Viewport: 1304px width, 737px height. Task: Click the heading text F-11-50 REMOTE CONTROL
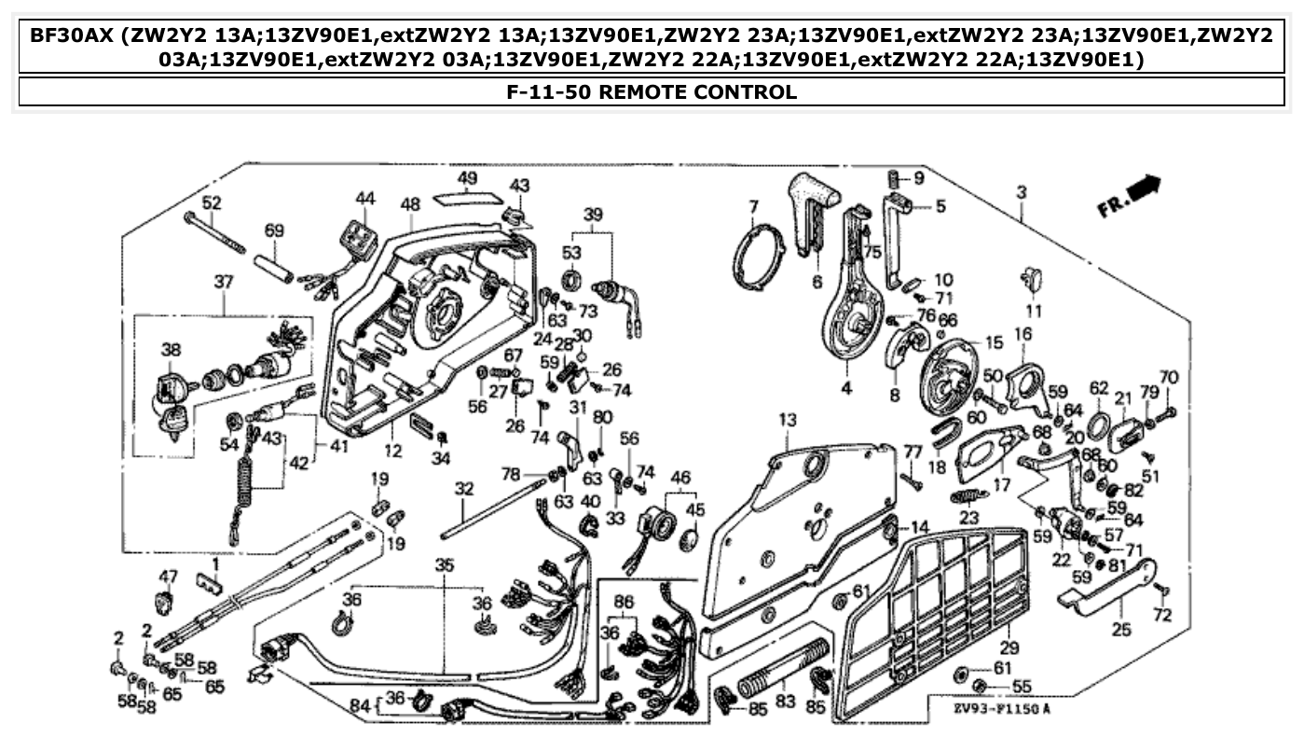pos(651,91)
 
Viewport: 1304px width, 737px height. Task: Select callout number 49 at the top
pos(467,178)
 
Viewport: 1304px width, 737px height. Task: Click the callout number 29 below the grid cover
pos(1009,647)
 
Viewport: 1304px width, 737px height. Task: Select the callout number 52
pos(212,202)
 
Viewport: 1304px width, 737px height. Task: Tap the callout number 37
pos(223,281)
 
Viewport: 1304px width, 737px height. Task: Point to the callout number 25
pos(1121,630)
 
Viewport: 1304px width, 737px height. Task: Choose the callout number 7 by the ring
pos(753,205)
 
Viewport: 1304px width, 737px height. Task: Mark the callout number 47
pos(167,576)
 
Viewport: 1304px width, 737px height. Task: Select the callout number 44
pos(365,198)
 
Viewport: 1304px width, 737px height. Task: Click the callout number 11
pos(1034,310)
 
